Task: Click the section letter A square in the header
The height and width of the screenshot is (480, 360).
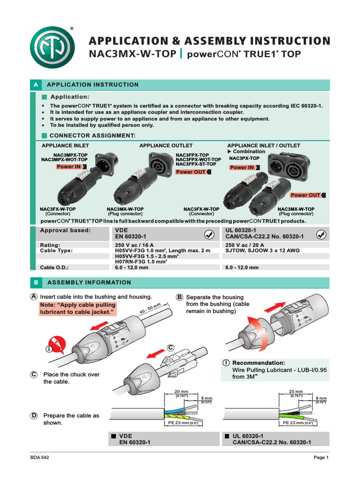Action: pos(35,85)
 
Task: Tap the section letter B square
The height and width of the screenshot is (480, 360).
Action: pos(35,283)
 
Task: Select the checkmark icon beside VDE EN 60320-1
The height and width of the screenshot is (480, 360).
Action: pos(210,234)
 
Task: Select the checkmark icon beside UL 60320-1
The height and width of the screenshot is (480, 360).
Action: pos(322,234)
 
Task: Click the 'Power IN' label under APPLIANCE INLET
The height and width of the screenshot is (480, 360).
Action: pos(68,166)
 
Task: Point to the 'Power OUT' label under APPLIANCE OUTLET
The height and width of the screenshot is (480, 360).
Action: pos(191,172)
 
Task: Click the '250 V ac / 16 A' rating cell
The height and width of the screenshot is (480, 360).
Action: pos(135,245)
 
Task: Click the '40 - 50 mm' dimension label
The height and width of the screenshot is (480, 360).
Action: pos(150,309)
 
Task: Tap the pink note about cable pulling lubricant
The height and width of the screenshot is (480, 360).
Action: pos(77,308)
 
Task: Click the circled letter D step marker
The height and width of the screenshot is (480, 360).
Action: pos(34,415)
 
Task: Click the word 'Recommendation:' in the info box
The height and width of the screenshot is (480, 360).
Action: pos(259,363)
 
